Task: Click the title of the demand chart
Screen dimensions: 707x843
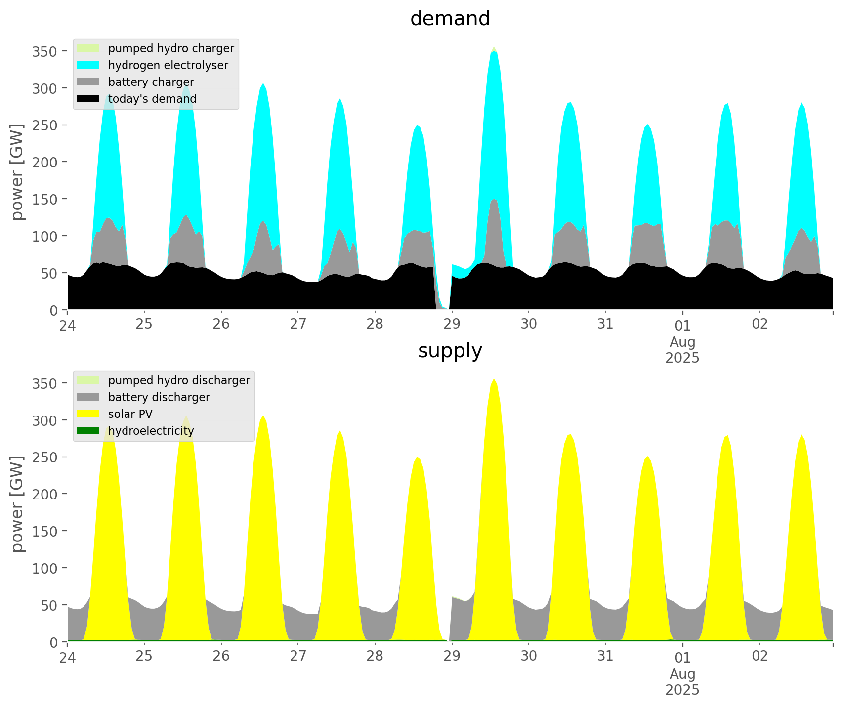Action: coord(450,19)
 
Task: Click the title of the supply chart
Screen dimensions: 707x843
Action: coord(450,351)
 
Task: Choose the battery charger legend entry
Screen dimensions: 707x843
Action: coord(151,82)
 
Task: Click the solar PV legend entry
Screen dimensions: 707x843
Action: coord(130,414)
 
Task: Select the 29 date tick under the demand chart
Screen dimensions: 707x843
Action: coord(452,324)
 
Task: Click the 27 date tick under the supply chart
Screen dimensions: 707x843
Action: coord(298,656)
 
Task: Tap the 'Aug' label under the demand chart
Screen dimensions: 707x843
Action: coord(682,342)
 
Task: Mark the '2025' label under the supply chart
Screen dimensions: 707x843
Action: coord(682,690)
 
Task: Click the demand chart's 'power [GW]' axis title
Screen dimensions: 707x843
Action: coord(18,172)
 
